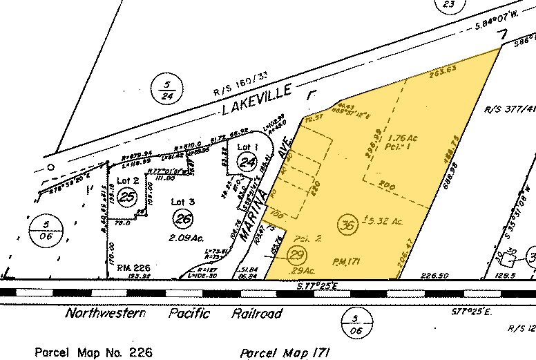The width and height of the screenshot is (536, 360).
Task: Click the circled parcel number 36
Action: (x=350, y=224)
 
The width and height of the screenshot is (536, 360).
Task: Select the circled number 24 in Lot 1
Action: (x=247, y=162)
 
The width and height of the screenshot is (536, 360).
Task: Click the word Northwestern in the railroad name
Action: (x=106, y=314)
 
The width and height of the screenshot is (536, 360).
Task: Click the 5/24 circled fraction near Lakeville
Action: (x=167, y=88)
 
